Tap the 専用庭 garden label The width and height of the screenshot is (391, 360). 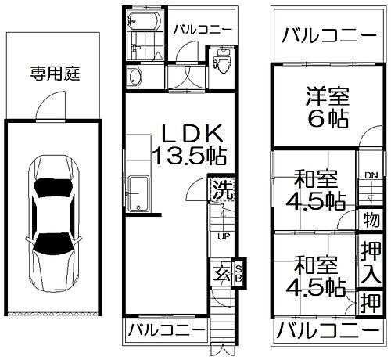coord(52,75)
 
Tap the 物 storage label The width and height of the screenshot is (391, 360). coord(371,220)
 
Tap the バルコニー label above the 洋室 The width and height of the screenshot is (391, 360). coord(327,35)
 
